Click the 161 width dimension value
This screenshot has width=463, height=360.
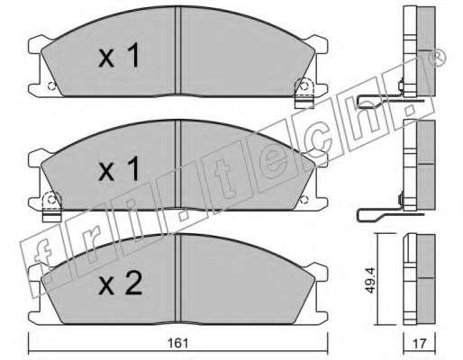178,343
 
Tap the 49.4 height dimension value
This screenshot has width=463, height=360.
371,280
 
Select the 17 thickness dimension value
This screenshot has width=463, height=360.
420,343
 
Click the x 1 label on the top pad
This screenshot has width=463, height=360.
119,55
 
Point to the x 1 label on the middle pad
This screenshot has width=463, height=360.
119,169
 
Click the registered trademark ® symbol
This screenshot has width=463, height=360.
438,58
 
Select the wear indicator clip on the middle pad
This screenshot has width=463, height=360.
52,207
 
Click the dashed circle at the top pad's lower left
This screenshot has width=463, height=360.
51,86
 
